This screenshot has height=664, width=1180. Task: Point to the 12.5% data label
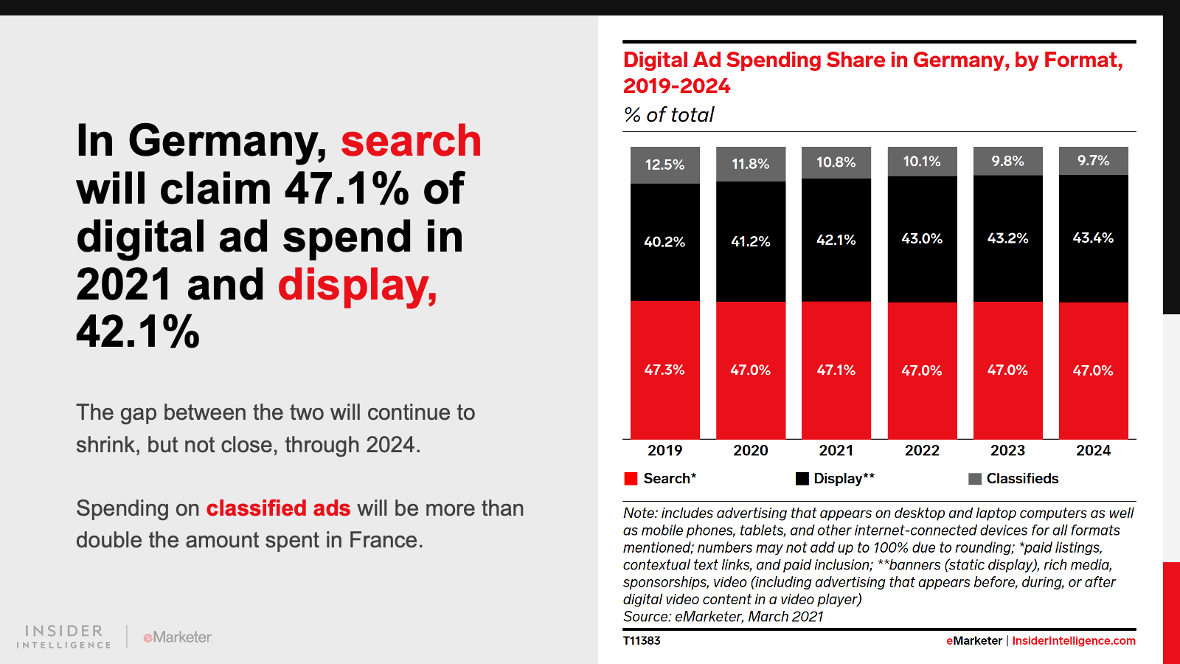click(664, 165)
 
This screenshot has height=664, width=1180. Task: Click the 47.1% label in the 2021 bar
click(836, 370)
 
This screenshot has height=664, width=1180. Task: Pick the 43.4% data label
click(1093, 238)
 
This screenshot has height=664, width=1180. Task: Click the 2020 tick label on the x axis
click(750, 451)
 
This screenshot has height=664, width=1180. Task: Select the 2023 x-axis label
click(1007, 451)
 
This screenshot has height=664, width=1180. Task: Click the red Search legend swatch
click(631, 479)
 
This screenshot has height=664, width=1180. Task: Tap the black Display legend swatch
click(802, 479)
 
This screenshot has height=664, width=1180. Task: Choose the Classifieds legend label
click(1022, 479)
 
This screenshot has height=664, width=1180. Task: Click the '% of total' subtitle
click(669, 115)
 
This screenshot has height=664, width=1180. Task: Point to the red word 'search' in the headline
click(411, 141)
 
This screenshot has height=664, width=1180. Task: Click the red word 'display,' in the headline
click(358, 285)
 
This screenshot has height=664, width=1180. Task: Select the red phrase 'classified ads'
click(278, 508)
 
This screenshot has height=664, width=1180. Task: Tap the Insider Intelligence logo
click(63, 637)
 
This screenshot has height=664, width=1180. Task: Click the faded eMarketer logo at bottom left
click(177, 637)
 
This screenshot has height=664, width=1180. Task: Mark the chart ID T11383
click(642, 641)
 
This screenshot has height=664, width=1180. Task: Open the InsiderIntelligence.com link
click(1073, 641)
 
